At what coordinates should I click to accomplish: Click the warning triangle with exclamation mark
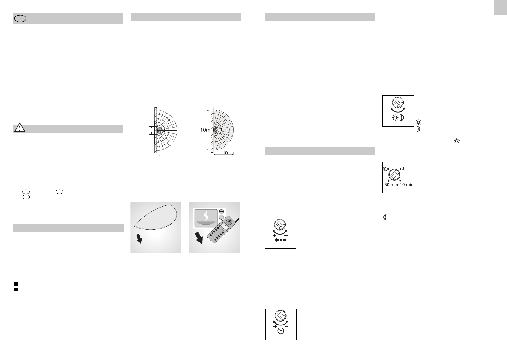[x=20, y=127]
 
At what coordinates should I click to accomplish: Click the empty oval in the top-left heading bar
[x=20, y=19]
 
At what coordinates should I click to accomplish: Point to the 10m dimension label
[x=205, y=130]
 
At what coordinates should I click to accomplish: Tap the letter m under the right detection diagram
[x=225, y=152]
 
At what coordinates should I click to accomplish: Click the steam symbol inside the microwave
[x=206, y=216]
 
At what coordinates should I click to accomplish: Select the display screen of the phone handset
[x=224, y=226]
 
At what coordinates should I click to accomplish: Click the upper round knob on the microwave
[x=222, y=212]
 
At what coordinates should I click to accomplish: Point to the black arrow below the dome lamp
[x=139, y=239]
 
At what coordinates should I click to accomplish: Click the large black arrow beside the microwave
[x=199, y=238]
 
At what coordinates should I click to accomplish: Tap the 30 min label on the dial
[x=391, y=184]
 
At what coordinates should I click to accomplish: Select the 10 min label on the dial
[x=406, y=184]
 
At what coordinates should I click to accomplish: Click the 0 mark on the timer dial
[x=403, y=169]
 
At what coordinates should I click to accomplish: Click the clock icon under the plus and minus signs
[x=281, y=331]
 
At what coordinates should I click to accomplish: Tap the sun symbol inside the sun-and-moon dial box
[x=395, y=118]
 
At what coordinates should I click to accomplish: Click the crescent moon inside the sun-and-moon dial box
[x=402, y=118]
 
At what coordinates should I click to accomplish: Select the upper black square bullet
[x=16, y=284]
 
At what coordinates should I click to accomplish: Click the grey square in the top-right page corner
[x=500, y=7]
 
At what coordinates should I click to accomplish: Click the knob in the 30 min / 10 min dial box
[x=394, y=175]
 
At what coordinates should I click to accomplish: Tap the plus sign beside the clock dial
[x=275, y=326]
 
